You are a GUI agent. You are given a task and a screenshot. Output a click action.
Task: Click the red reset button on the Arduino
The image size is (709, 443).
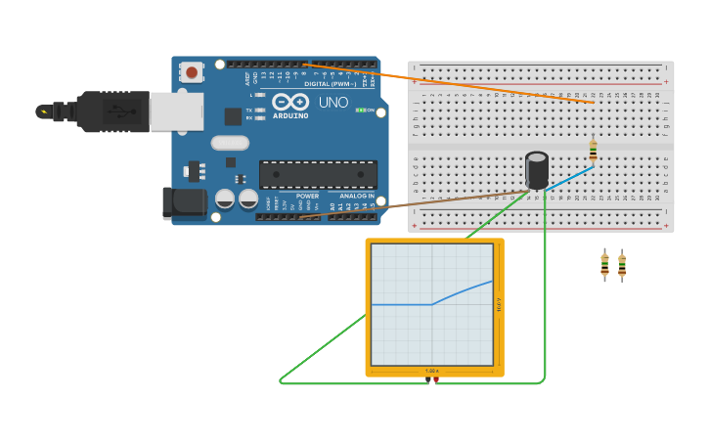click(x=192, y=72)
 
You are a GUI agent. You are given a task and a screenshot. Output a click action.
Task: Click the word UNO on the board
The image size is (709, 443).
click(x=332, y=102)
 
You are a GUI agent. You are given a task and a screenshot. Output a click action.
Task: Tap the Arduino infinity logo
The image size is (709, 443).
click(x=290, y=102)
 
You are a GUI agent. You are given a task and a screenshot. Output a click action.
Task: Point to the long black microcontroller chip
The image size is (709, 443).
click(x=318, y=175)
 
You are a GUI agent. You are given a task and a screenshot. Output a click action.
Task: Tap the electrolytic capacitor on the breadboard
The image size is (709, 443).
click(x=537, y=169)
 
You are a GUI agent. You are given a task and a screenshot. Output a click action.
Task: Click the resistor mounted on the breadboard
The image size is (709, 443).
click(x=593, y=150)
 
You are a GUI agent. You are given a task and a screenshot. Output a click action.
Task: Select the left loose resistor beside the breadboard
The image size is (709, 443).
click(x=604, y=264)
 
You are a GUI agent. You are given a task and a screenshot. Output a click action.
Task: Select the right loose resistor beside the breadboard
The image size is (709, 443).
click(x=622, y=264)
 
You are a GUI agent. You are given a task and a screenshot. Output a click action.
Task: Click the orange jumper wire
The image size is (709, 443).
click(x=450, y=83)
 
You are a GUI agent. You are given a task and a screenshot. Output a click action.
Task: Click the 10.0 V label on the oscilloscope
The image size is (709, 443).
click(x=499, y=305)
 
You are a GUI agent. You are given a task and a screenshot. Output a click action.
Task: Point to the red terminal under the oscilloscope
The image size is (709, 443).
click(x=436, y=379)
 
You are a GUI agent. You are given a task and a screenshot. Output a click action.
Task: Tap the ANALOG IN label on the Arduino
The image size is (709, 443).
click(x=357, y=196)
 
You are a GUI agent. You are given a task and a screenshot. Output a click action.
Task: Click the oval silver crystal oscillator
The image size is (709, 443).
click(x=229, y=143)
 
